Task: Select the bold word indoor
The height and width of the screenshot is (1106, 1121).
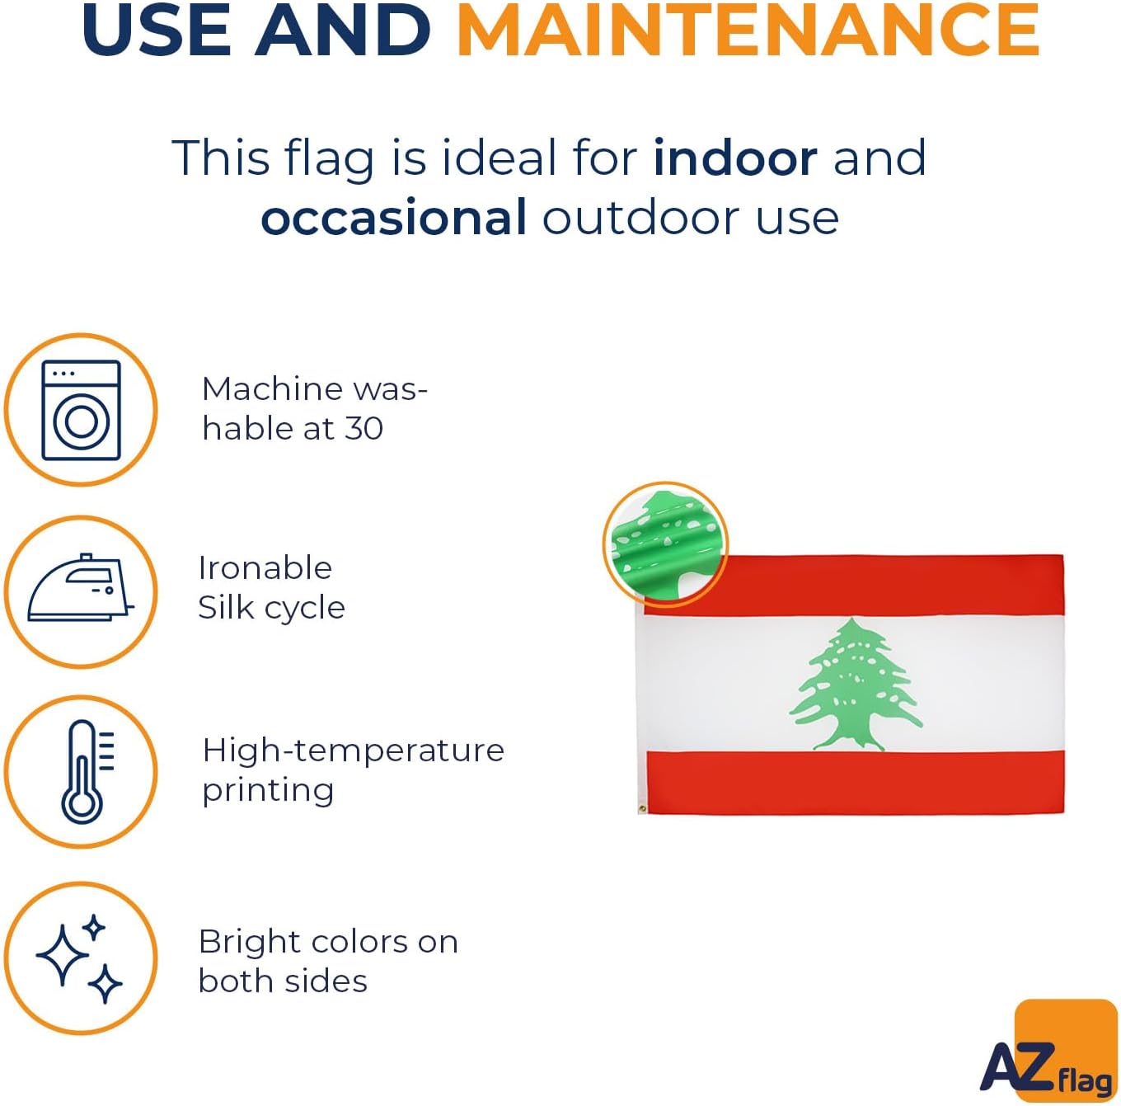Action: pos(735,158)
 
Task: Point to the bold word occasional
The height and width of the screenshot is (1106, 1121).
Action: pos(394,217)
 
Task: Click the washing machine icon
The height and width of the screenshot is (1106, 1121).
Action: pos(81,410)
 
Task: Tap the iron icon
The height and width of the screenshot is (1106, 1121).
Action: pos(81,588)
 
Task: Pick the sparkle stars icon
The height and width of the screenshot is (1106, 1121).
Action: pos(80,958)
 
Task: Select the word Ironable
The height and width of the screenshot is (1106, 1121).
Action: pos(265,567)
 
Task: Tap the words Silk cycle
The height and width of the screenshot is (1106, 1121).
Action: pos(272,609)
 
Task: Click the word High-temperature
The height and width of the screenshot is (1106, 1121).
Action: pos(353,751)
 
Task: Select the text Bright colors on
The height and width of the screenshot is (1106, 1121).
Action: pos(328,942)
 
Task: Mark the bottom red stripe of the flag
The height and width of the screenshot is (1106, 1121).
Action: pos(856,783)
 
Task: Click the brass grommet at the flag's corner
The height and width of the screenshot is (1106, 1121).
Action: pos(642,808)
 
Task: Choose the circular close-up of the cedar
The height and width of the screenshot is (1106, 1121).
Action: pos(665,544)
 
